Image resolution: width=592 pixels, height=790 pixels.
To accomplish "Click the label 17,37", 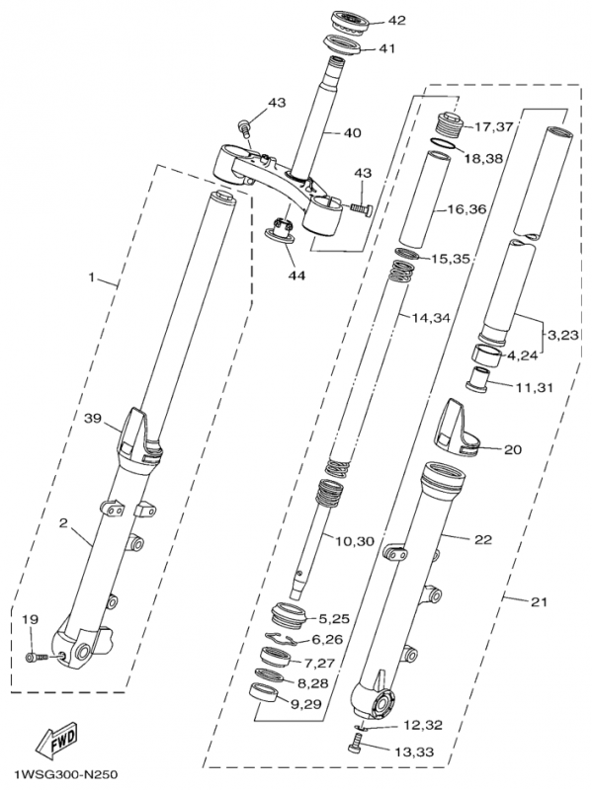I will (495, 126).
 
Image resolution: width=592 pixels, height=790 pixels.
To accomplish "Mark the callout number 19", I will (31, 619).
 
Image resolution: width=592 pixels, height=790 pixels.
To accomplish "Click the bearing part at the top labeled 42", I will (349, 19).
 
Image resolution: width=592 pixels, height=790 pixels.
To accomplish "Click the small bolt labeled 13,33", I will (356, 749).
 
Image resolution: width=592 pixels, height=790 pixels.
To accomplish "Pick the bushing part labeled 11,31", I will (481, 377).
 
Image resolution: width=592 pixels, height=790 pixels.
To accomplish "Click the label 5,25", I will (334, 618).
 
